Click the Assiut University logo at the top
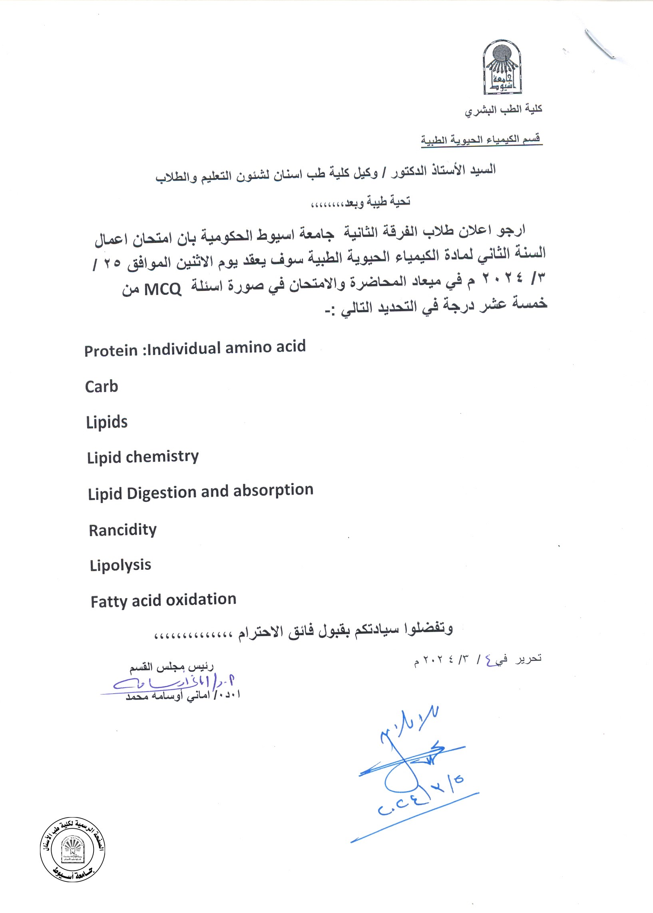502,67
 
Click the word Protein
111,351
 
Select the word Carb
102,386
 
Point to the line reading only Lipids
107,422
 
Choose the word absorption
273,490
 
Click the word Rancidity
123,529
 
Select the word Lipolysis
120,565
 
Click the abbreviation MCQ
162,289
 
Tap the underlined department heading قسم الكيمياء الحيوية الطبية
481,139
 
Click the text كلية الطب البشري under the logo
504,109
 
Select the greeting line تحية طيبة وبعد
361,201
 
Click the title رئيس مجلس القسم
171,667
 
